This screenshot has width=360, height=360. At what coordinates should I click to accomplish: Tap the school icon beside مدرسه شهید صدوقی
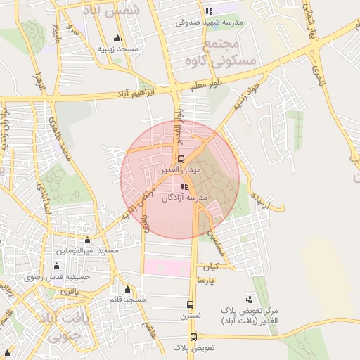208,11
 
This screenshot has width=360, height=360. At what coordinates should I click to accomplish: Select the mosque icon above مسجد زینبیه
117,38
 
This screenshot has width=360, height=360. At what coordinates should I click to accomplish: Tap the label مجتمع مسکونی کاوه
221,53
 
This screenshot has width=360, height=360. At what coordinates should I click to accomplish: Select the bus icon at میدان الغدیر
181,159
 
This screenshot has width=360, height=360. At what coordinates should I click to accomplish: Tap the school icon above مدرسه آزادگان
184,186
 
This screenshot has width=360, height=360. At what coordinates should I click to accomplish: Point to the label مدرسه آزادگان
185,198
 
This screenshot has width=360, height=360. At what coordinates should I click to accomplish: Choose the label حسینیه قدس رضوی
67,277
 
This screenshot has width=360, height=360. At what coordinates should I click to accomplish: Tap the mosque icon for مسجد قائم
128,289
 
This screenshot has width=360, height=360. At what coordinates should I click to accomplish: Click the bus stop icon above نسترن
190,304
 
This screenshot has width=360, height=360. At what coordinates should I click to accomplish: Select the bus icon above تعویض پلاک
191,336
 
